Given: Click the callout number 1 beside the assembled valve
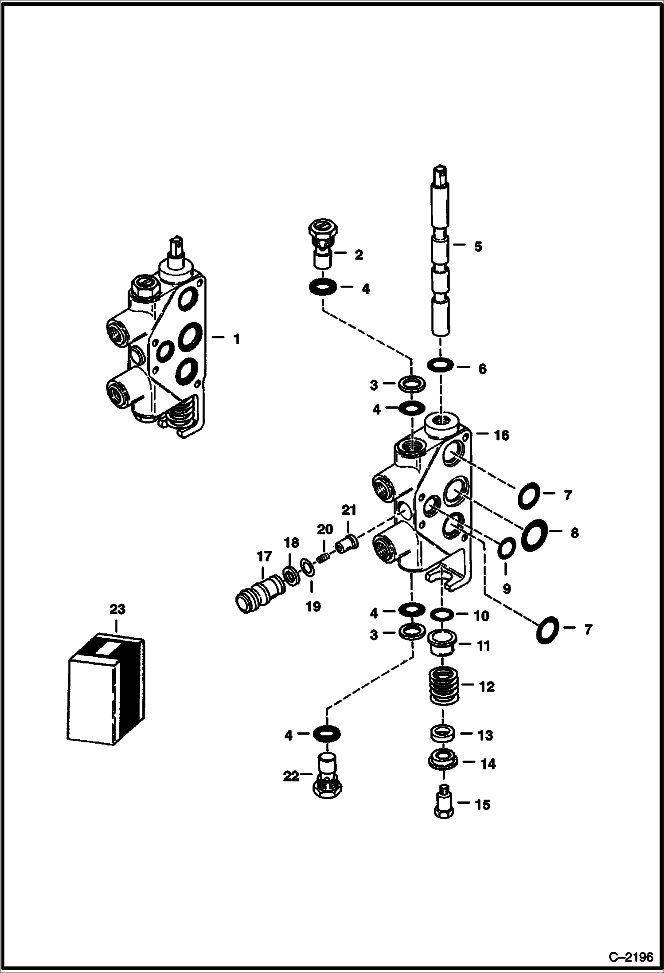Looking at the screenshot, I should pos(236,340).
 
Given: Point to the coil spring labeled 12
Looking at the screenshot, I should pos(443,687).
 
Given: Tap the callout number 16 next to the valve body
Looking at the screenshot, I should pos(501,435).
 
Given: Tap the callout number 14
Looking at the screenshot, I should pos(488,764).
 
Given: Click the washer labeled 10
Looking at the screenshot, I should pos(442,615).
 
